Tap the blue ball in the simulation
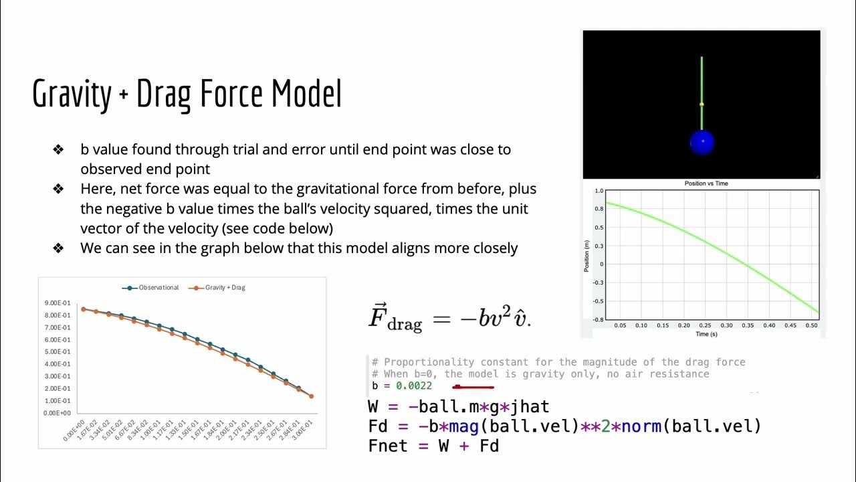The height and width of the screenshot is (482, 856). pyautogui.click(x=702, y=143)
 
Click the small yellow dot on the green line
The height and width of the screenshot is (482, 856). pyautogui.click(x=702, y=104)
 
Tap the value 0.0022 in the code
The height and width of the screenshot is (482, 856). pyautogui.click(x=414, y=386)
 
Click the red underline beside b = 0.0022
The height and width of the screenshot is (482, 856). pyautogui.click(x=473, y=386)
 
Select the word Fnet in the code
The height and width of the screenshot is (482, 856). pyautogui.click(x=388, y=445)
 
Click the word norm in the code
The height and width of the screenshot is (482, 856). pyautogui.click(x=641, y=426)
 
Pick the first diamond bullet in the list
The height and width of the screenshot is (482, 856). pyautogui.click(x=58, y=149)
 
